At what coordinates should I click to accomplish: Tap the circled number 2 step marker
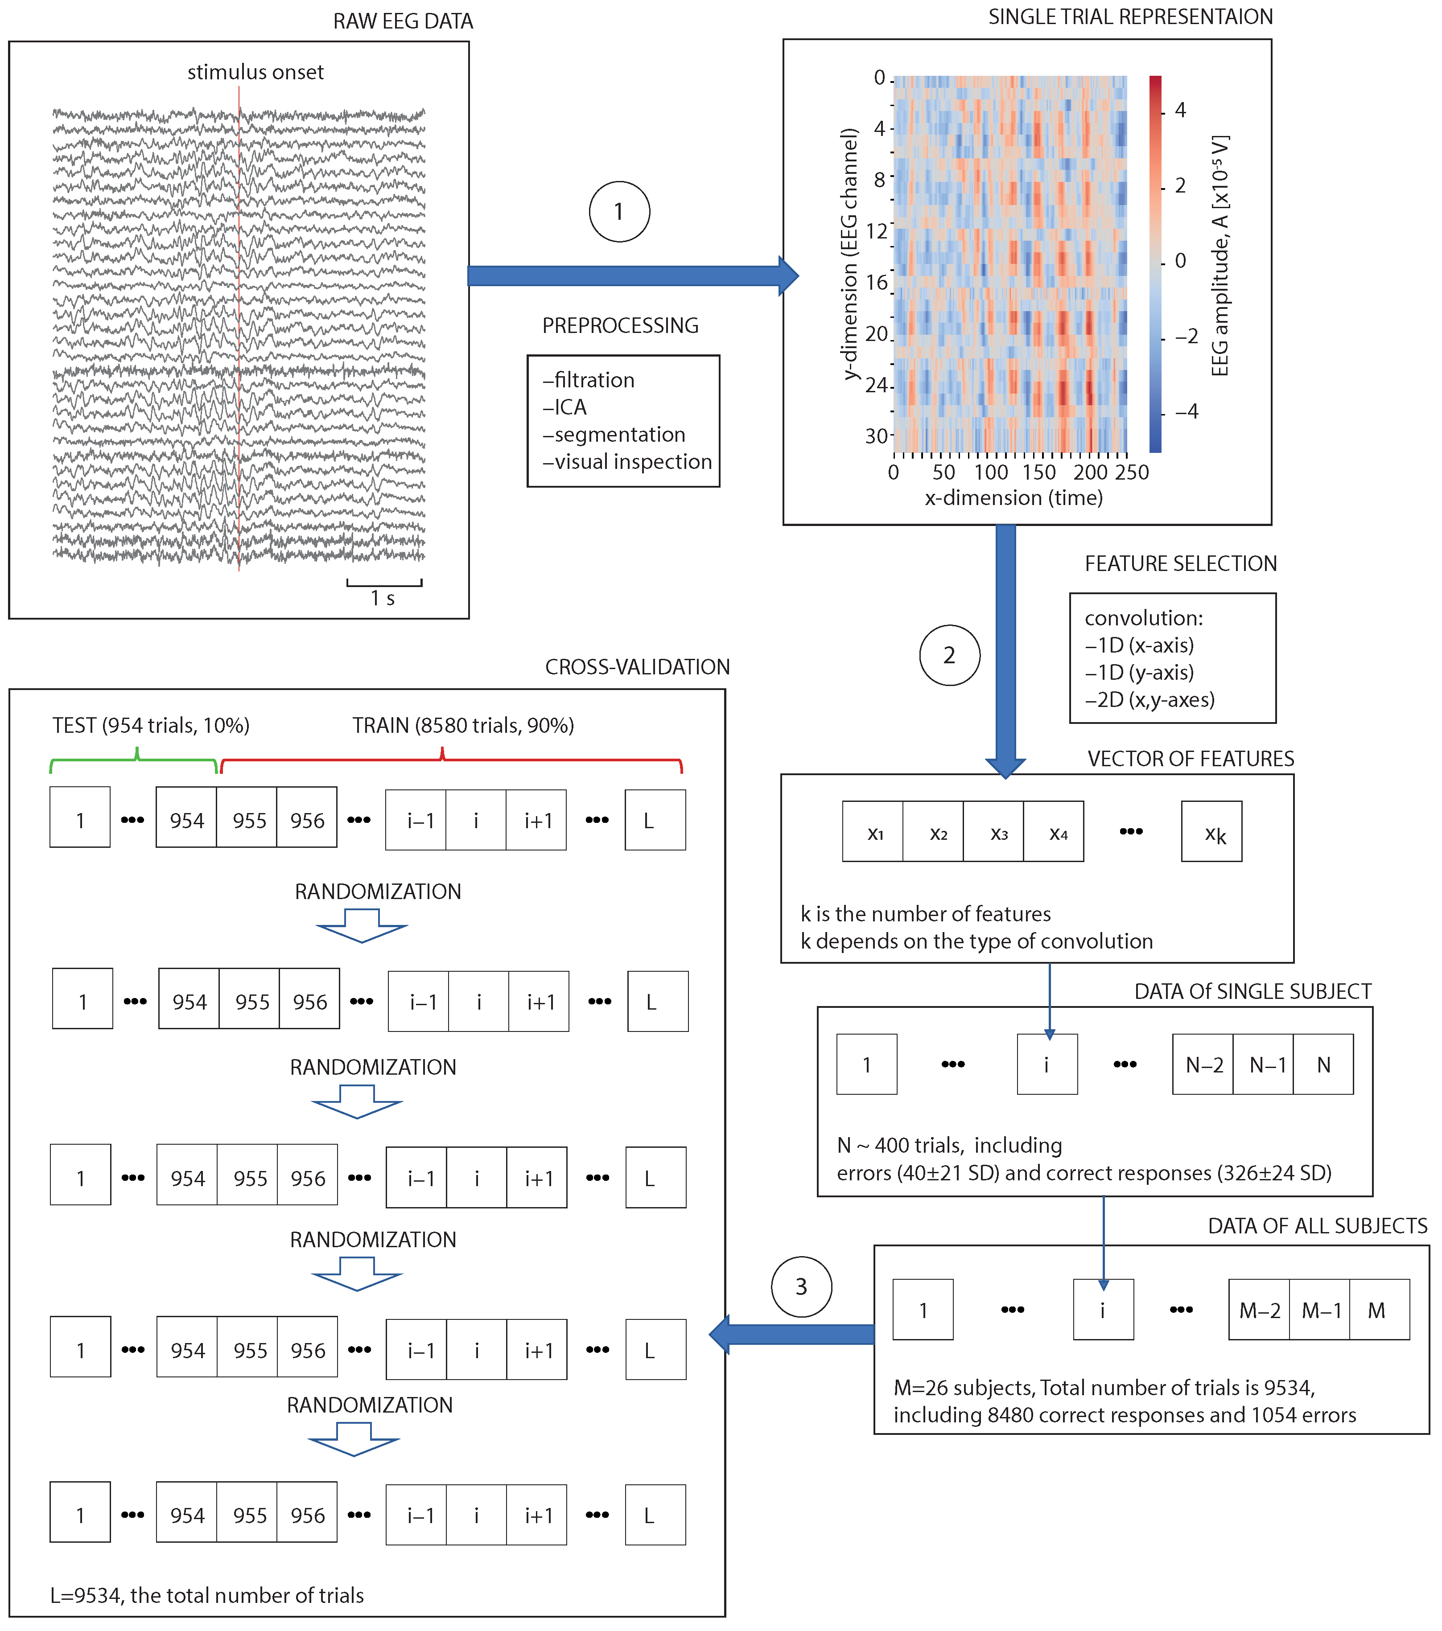click(949, 655)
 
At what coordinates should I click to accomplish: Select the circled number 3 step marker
click(801, 1286)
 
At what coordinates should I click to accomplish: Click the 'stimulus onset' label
click(255, 73)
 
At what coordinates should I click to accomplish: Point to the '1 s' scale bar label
click(382, 599)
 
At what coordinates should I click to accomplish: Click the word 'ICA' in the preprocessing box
click(571, 407)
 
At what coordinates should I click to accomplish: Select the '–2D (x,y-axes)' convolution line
click(1149, 700)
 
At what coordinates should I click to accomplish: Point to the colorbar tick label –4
click(1186, 412)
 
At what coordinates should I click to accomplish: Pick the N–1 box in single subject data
click(1262, 1064)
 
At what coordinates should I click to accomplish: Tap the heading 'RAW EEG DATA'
click(403, 21)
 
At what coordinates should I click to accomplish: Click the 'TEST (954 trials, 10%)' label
click(151, 725)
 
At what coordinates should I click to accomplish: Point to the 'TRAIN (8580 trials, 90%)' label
click(463, 725)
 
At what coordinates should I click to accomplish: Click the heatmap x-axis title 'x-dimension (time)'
click(1014, 498)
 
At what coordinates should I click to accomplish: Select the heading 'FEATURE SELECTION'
click(1180, 563)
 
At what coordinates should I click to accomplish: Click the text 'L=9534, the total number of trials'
click(207, 1595)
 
